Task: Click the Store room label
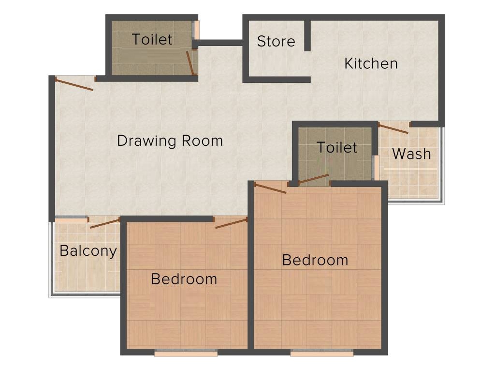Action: (276, 42)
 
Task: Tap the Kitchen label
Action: (371, 63)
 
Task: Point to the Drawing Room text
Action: (170, 141)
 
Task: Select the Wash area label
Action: (411, 154)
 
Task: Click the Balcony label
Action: (88, 251)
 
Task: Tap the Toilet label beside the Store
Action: (152, 39)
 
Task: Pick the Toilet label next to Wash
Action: (337, 147)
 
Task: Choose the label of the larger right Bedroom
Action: (315, 260)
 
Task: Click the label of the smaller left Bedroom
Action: (184, 279)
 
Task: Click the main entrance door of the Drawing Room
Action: (74, 84)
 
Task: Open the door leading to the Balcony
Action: (104, 223)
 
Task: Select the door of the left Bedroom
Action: (231, 223)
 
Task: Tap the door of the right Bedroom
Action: (270, 188)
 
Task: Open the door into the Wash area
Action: (393, 128)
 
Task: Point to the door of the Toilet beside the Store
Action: (190, 62)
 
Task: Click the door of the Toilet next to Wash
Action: (313, 179)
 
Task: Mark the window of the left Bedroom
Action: (186, 354)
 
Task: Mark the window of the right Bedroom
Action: (321, 354)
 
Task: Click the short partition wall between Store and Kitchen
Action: (307, 35)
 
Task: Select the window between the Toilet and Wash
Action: (375, 168)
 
